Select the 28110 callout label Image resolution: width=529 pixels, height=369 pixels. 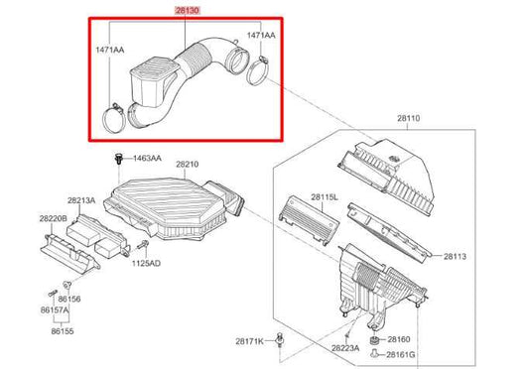[x=410, y=117]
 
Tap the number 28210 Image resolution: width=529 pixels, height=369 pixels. [x=188, y=164]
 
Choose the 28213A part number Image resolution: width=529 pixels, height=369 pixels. [x=81, y=200]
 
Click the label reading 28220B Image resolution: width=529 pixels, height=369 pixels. [x=53, y=217]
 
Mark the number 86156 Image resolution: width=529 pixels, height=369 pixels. [x=68, y=298]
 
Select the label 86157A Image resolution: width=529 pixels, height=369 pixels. [x=55, y=310]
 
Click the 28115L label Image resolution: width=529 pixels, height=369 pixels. [x=325, y=197]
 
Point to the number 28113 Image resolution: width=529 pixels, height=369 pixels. [x=456, y=256]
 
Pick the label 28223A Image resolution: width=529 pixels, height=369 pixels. [x=345, y=348]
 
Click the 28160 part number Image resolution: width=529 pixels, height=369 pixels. [x=400, y=338]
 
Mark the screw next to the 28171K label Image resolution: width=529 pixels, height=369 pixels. [x=282, y=340]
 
